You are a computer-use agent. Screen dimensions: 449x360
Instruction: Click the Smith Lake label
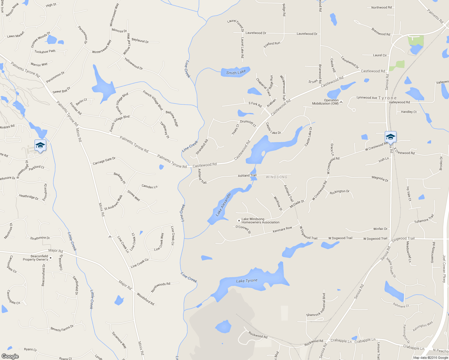coord(236,72)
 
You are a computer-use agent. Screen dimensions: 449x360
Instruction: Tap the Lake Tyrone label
coord(247,281)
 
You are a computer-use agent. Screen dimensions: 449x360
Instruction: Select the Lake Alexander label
coord(224,205)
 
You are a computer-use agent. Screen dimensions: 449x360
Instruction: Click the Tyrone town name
coord(387,98)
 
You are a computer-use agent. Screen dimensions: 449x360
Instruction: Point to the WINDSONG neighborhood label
coord(276,177)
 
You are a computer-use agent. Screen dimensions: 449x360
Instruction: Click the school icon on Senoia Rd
coord(390,137)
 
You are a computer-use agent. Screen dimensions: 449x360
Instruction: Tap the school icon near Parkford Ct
coord(40,146)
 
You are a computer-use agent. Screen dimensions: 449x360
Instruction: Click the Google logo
coord(10,356)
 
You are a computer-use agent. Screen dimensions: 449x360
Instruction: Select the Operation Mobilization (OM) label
coord(325,102)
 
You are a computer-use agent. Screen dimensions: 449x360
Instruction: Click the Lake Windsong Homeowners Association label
coord(260,221)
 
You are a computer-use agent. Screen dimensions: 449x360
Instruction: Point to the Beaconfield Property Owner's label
coord(35,258)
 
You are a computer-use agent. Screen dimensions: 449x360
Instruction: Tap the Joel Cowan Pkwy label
coord(444,269)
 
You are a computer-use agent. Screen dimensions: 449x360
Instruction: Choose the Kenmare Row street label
coord(282,230)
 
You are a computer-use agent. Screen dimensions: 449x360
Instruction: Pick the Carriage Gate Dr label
coord(104,161)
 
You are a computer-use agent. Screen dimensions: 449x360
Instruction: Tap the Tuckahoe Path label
coord(45,51)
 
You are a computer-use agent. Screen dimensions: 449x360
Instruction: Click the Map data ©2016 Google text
coord(431,358)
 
